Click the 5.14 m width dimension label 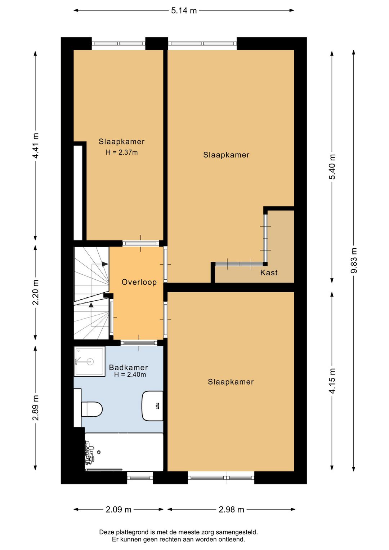click(184, 10)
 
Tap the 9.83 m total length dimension click(354, 260)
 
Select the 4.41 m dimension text click(36, 146)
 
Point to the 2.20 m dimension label click(36, 292)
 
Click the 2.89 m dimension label click(36, 408)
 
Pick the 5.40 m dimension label click(332, 167)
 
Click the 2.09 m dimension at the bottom click(119, 510)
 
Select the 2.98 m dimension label click(232, 510)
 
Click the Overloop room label click(139, 282)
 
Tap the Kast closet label click(269, 272)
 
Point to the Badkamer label click(128, 368)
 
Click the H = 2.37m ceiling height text click(122, 152)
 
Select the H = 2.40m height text click(130, 374)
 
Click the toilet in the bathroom click(91, 409)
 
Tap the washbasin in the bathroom click(152, 406)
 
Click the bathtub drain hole click(99, 452)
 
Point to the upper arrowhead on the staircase click(105, 264)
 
